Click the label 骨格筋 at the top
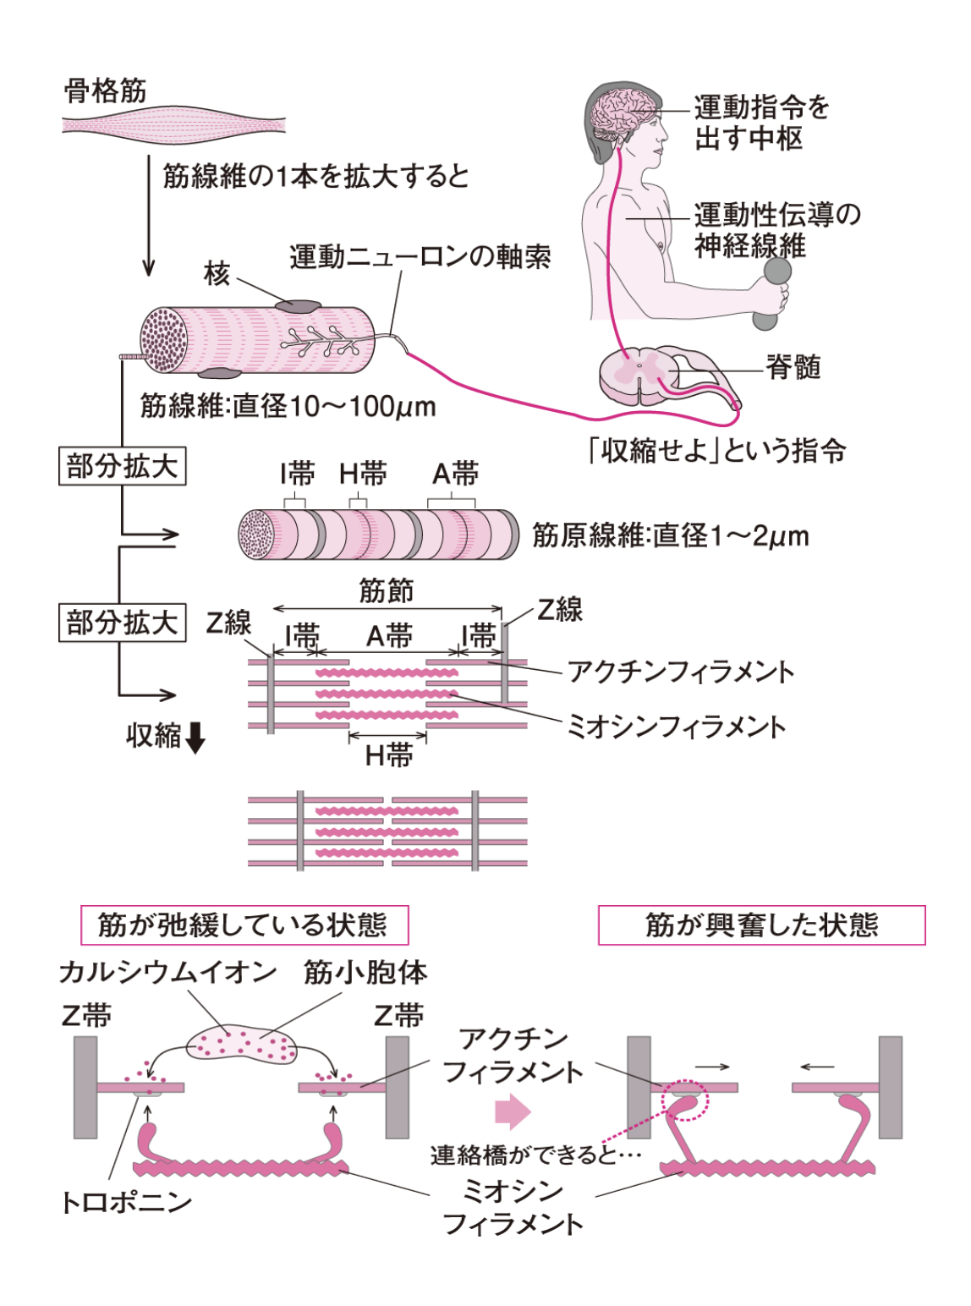coord(106,91)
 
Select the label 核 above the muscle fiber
coord(217,274)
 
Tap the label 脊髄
coord(793,367)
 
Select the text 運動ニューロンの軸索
coord(420,256)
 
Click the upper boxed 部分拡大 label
coord(122,466)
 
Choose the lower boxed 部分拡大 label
coord(122,623)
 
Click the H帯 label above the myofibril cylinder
coord(363,474)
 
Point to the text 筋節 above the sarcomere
coord(387,590)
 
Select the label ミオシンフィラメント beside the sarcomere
coord(676,727)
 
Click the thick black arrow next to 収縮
coord(195,738)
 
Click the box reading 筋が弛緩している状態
coord(244,925)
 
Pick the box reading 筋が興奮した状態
coord(761,925)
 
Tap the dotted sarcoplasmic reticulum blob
coord(243,1044)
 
